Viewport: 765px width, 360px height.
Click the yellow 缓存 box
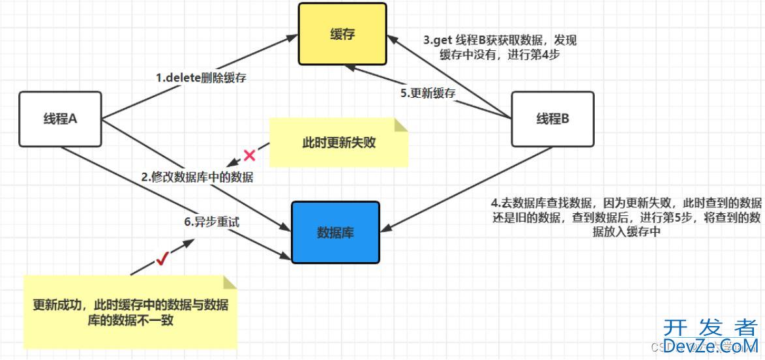(x=342, y=35)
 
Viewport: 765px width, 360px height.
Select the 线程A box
(x=60, y=119)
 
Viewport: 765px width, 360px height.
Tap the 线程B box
(x=552, y=119)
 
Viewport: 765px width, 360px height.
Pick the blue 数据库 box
(x=335, y=232)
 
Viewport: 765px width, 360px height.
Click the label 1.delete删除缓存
(x=201, y=77)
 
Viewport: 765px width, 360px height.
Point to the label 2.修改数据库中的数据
(x=207, y=177)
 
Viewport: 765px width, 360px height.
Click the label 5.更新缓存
(x=428, y=93)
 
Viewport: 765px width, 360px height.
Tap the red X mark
(x=249, y=155)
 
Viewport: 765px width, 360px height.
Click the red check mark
(x=162, y=260)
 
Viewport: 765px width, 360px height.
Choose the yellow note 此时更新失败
(x=338, y=142)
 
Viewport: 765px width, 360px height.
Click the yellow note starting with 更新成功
(x=130, y=312)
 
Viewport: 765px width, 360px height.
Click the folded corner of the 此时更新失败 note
(x=400, y=125)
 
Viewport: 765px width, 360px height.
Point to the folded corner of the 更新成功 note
(x=229, y=282)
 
